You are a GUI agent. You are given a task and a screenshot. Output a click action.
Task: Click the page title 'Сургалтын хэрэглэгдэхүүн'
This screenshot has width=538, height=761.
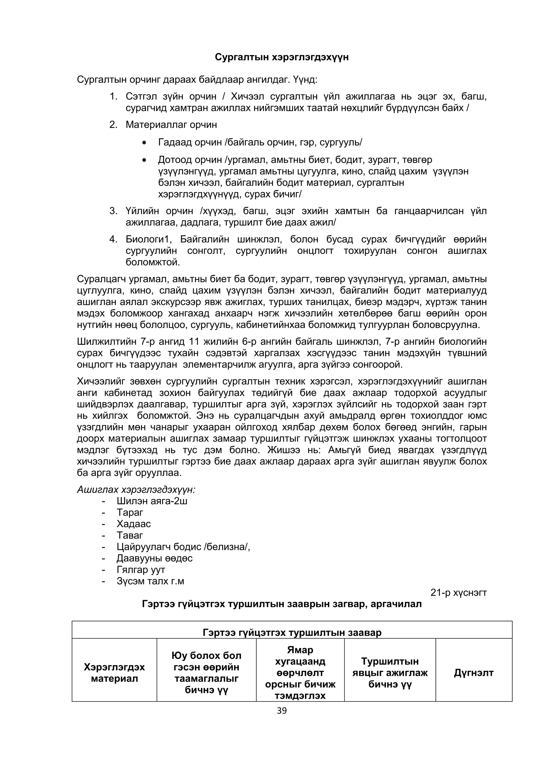[282, 57]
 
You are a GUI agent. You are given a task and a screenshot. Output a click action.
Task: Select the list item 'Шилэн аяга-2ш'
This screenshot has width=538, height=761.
[152, 501]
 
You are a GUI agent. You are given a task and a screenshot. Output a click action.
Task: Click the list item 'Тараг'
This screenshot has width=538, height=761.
[130, 512]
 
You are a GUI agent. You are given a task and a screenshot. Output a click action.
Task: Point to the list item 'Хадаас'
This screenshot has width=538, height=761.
[133, 524]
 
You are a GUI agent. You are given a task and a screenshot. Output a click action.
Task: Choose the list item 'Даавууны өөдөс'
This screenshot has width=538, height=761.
[154, 558]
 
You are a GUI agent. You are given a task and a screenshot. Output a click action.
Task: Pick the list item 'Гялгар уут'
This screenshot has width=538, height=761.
[141, 569]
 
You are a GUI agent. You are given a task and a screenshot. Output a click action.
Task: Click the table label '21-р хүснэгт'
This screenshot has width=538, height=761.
[458, 592]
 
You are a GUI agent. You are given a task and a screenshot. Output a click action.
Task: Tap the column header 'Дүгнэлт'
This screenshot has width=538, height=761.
[473, 672]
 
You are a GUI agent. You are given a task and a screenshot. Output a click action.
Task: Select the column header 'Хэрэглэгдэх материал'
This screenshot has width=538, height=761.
[114, 672]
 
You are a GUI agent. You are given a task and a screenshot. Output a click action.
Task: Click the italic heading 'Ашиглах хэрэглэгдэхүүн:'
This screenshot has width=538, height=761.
[136, 490]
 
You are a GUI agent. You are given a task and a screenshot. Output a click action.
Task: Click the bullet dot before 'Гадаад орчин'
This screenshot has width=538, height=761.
[144, 143]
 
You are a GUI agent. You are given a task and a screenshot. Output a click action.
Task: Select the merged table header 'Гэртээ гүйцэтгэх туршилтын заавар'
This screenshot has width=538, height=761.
[292, 633]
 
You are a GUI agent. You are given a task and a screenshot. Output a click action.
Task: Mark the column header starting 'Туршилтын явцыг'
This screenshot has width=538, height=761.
[390, 672]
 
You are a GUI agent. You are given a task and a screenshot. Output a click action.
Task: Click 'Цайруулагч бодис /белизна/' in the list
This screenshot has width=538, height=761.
[183, 547]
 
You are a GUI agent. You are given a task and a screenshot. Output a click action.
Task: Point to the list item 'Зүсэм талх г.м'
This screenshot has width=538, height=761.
[150, 581]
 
